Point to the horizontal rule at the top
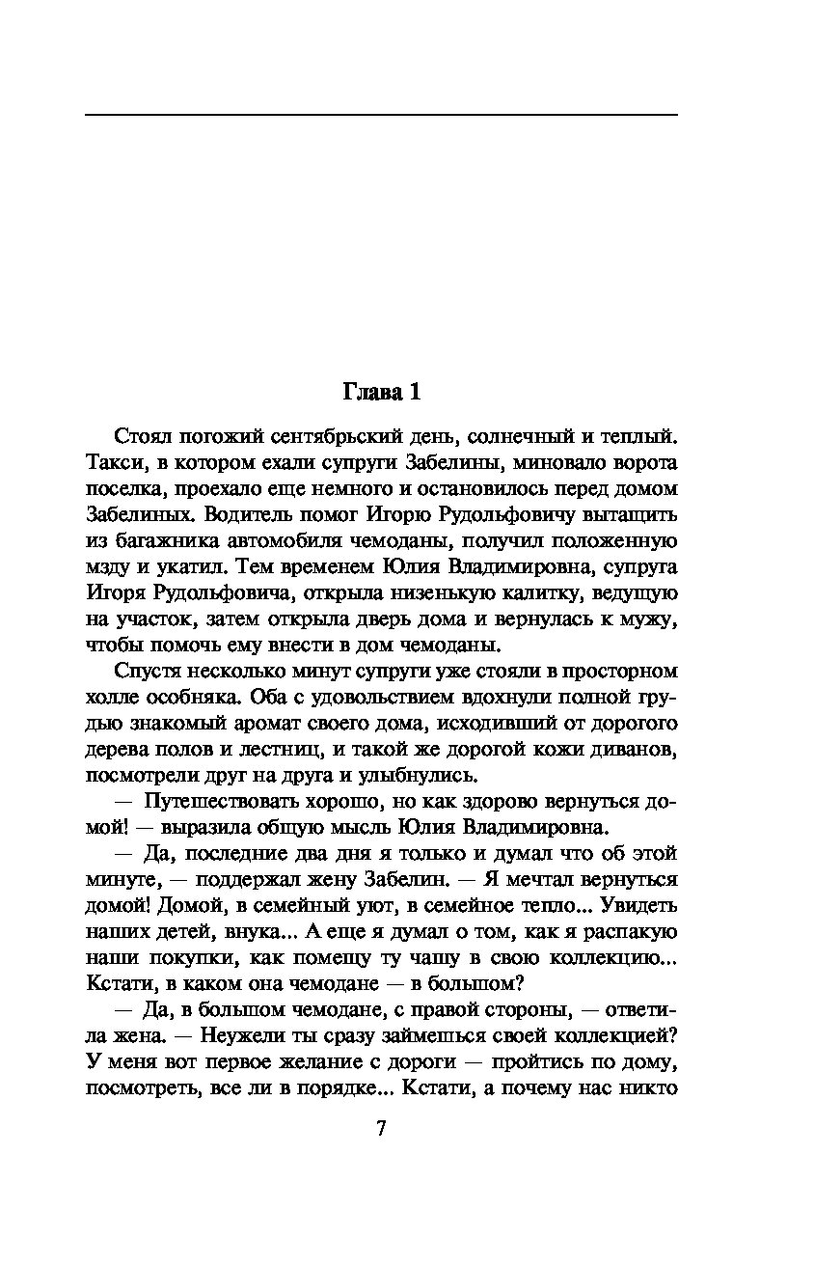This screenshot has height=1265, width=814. tap(381, 115)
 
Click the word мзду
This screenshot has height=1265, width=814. tap(109, 566)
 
